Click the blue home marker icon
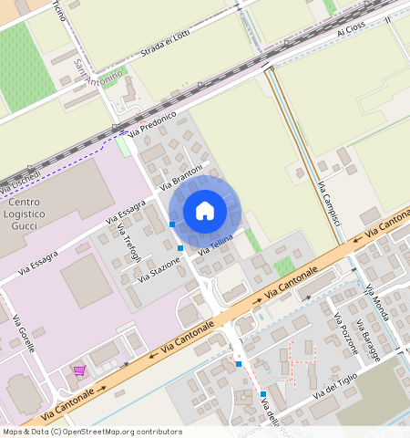click(205, 211)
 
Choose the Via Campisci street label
click(329, 205)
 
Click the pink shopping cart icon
click(79, 370)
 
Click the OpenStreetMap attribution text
click(92, 432)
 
